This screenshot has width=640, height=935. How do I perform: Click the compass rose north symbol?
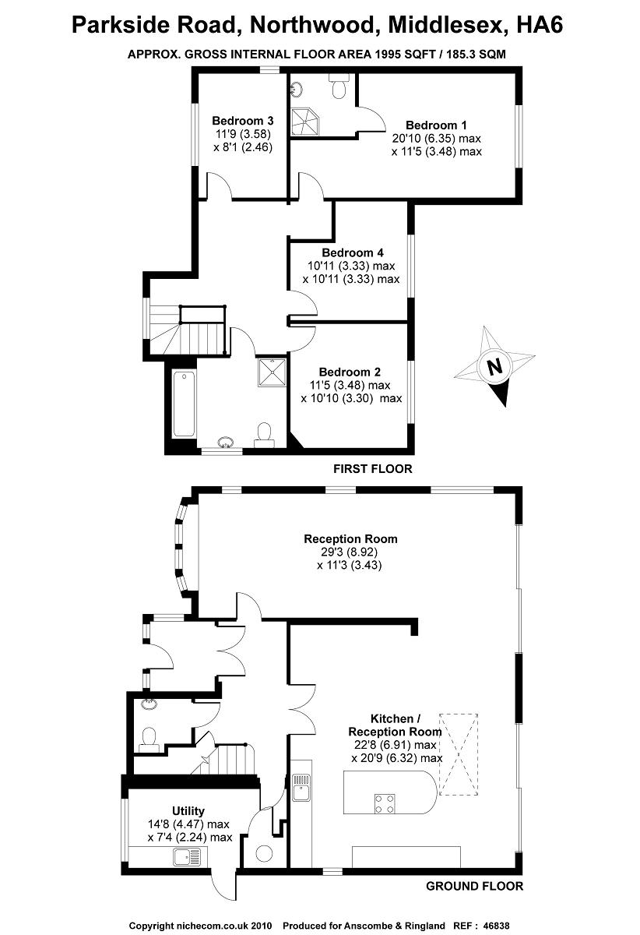[493, 366]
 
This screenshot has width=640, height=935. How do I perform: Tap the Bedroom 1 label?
[436, 125]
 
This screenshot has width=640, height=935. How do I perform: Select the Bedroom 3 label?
[242, 121]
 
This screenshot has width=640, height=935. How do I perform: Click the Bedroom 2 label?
[350, 372]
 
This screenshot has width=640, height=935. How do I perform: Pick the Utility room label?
[188, 811]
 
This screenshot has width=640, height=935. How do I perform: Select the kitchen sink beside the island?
[301, 788]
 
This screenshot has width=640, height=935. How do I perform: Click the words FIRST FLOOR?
[372, 469]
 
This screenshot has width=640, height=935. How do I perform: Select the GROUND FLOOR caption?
[475, 886]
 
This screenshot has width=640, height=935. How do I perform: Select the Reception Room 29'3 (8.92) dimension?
[350, 552]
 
